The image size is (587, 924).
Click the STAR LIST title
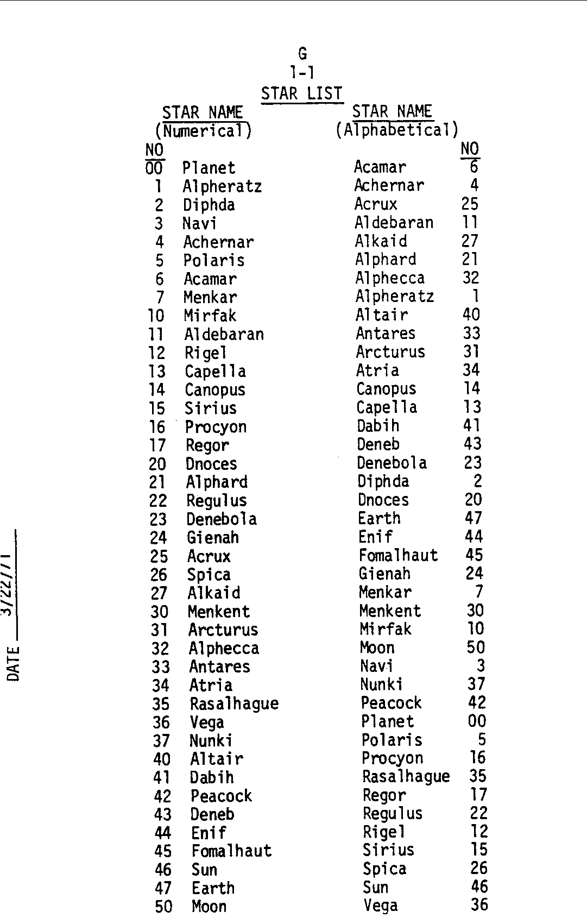click(x=301, y=93)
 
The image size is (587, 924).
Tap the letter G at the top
click(x=302, y=54)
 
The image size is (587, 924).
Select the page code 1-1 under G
click(x=302, y=72)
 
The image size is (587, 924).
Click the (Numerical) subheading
click(x=204, y=131)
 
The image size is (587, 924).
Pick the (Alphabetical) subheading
click(x=397, y=130)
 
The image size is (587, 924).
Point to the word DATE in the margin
click(x=14, y=663)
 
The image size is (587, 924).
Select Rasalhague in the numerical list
click(x=234, y=704)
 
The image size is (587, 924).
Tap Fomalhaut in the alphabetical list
click(x=398, y=555)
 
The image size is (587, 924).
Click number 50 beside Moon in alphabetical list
click(x=476, y=648)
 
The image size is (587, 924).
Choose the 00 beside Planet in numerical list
click(x=154, y=168)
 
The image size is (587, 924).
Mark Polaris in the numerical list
click(x=214, y=261)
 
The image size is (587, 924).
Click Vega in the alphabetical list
click(x=381, y=906)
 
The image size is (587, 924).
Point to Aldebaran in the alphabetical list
click(x=394, y=223)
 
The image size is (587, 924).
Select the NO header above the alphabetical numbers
click(x=470, y=148)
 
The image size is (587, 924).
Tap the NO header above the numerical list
click(x=155, y=149)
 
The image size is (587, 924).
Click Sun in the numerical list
click(x=205, y=870)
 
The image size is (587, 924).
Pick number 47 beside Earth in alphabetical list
click(x=474, y=518)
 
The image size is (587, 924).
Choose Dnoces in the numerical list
click(x=211, y=464)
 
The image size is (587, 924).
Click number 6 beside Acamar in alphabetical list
click(x=474, y=167)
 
